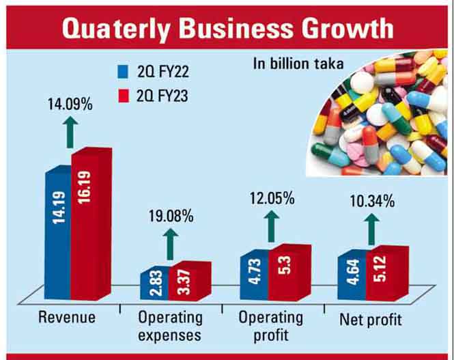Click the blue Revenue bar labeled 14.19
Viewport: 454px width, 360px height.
click(58, 232)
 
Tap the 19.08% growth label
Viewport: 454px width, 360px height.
click(171, 217)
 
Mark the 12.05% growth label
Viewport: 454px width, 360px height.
click(271, 199)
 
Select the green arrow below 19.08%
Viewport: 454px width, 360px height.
click(171, 241)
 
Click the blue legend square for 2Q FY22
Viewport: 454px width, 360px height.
click(124, 71)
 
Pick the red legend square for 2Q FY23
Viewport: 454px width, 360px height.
click(124, 97)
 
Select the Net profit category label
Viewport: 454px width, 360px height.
click(371, 318)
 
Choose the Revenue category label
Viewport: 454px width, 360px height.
click(67, 318)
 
